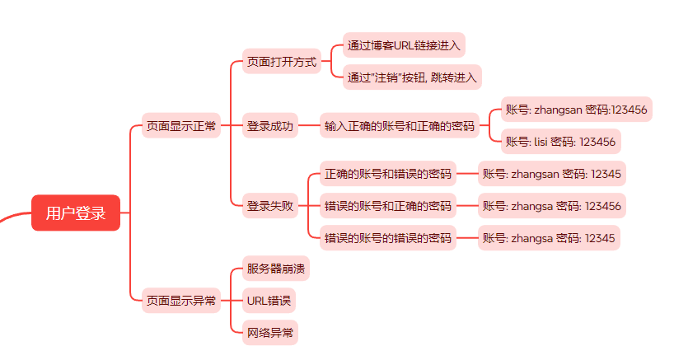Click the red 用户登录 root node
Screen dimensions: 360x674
tap(76, 213)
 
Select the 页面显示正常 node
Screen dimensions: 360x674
tap(181, 126)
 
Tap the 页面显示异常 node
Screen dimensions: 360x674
tap(181, 301)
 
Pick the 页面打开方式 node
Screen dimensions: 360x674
tap(282, 62)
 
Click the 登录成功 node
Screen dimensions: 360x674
tap(269, 126)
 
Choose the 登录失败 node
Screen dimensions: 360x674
tap(269, 206)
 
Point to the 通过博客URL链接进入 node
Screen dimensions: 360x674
tap(404, 44)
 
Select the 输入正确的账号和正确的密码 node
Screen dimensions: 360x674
tap(400, 126)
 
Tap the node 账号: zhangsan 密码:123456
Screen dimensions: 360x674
tap(576, 109)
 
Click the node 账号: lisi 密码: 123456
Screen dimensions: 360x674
tap(560, 142)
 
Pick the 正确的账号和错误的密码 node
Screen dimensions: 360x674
tap(388, 174)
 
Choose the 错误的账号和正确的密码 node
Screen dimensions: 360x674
tap(388, 205)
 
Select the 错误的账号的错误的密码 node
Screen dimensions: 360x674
tap(388, 238)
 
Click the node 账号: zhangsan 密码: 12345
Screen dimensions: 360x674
tap(552, 174)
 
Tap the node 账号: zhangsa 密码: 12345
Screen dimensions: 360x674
tap(549, 238)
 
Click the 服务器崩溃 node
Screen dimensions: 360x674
tap(278, 269)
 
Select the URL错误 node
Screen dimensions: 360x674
tap(269, 301)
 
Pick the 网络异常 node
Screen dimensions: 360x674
tap(269, 333)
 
